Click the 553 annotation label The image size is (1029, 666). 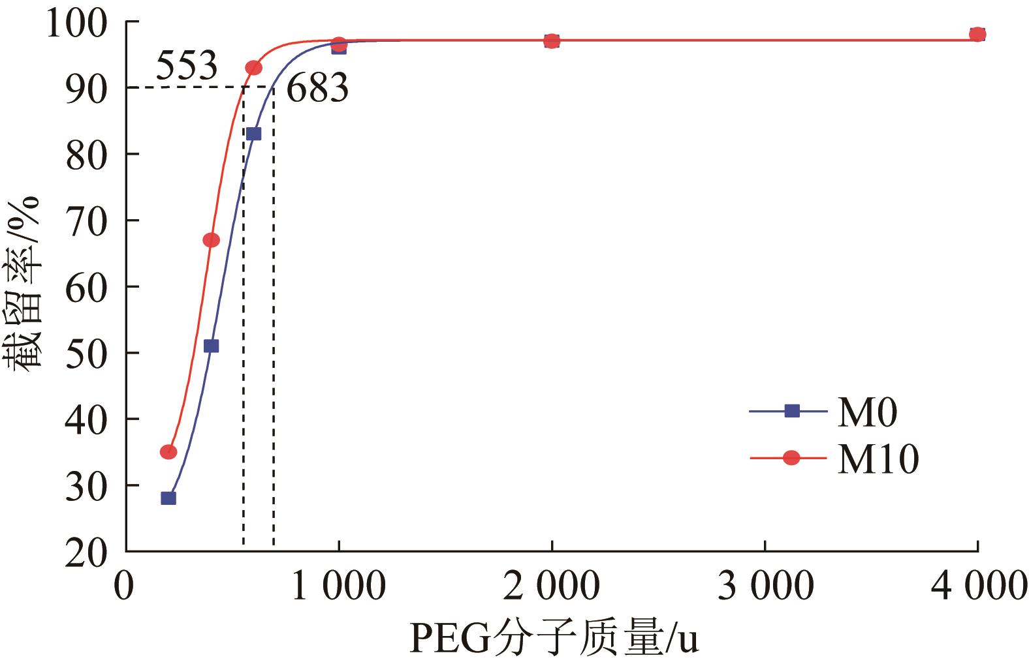[x=186, y=65]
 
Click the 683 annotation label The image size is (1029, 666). [x=317, y=88]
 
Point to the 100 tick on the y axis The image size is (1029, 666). [x=86, y=23]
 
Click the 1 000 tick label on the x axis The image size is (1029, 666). [x=338, y=586]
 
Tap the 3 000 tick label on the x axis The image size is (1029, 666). [x=765, y=586]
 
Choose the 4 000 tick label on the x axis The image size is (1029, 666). [x=978, y=586]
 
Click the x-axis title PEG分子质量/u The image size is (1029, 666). [x=554, y=639]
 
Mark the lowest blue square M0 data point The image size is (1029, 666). [x=168, y=498]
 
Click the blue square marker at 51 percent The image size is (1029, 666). [x=211, y=346]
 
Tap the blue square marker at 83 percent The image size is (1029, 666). [x=254, y=134]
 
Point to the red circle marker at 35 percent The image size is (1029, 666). [x=168, y=451]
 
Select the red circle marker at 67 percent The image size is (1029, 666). [x=211, y=240]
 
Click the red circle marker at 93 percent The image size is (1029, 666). [x=254, y=68]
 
